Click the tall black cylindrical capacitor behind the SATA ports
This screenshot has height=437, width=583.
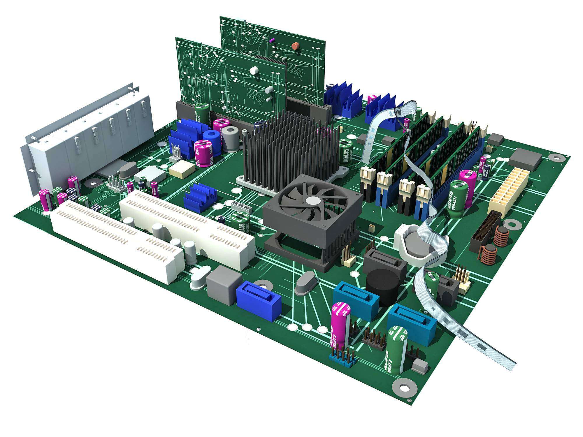[x=382, y=287]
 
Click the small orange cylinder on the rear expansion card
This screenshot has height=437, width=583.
[x=295, y=46]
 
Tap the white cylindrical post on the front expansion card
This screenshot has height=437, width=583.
[x=254, y=70]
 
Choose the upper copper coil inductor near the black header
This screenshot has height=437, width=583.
[x=502, y=236]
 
